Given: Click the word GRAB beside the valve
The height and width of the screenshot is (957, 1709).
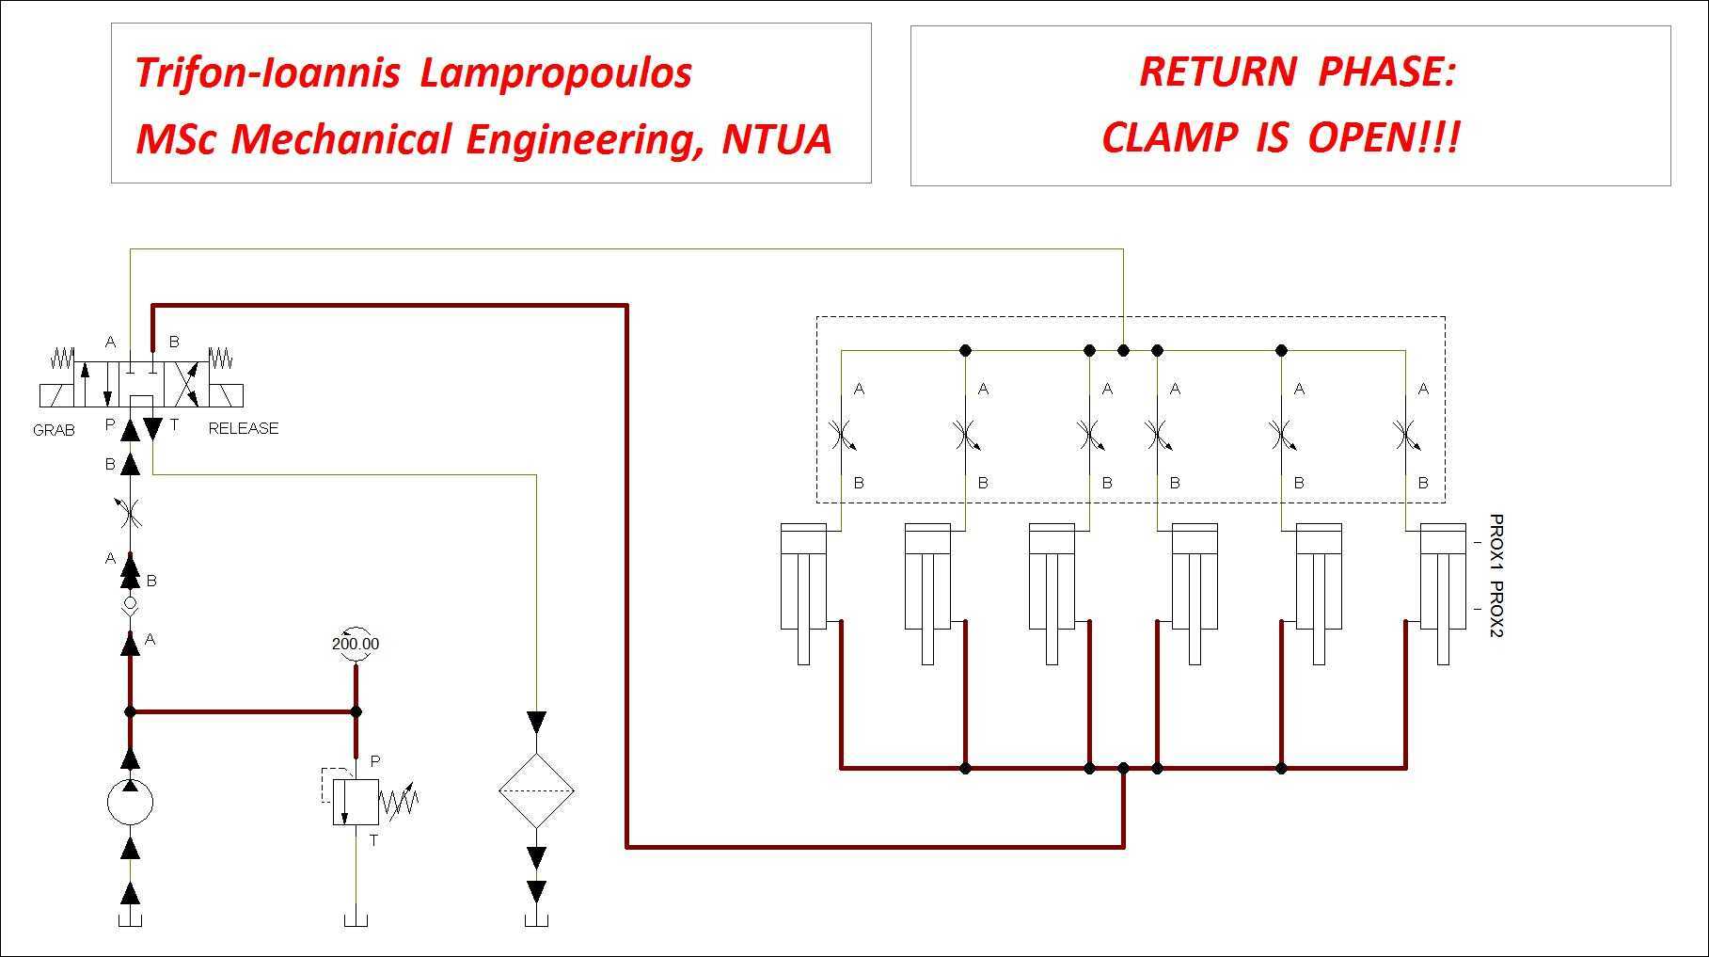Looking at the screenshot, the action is (x=54, y=430).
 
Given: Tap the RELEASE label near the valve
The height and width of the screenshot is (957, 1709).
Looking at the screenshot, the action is (x=244, y=428).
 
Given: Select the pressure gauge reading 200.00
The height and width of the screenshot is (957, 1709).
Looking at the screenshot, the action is (x=356, y=644).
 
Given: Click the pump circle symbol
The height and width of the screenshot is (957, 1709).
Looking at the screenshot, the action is (x=131, y=803).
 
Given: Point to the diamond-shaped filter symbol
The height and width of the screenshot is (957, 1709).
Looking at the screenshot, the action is (x=536, y=790).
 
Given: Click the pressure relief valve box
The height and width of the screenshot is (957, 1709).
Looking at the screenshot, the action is (x=356, y=803).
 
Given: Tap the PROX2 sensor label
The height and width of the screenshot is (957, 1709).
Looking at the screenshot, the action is (x=1496, y=609).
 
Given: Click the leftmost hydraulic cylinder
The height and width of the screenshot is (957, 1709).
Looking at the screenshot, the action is (x=803, y=594).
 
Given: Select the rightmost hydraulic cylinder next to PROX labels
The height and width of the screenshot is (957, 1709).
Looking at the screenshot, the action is (x=1443, y=594).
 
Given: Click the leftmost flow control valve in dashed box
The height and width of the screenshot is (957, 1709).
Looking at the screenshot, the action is (x=841, y=435).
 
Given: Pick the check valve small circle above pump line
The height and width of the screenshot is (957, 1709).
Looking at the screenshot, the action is (x=131, y=603).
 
